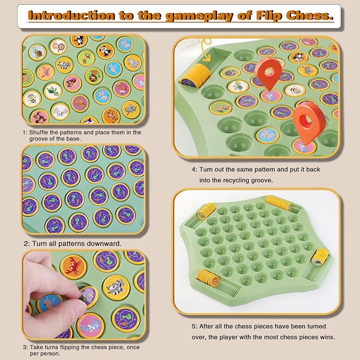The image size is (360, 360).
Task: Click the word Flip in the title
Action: click(269, 16)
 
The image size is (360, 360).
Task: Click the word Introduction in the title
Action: click(71, 15)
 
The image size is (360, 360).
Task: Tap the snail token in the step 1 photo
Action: click(37, 52)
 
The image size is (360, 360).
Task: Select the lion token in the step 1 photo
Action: click(58, 47)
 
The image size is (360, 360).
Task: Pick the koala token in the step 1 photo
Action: click(130, 110)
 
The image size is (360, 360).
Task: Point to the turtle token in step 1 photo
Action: click(53, 91)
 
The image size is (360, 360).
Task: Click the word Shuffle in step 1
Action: click(39, 133)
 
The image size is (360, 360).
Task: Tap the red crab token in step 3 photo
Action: click(73, 267)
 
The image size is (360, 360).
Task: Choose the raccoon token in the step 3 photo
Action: click(116, 288)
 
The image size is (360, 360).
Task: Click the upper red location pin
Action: click(268, 73)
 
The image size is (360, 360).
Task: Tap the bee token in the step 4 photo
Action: click(295, 90)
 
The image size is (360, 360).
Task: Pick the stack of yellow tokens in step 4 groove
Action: click(196, 76)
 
